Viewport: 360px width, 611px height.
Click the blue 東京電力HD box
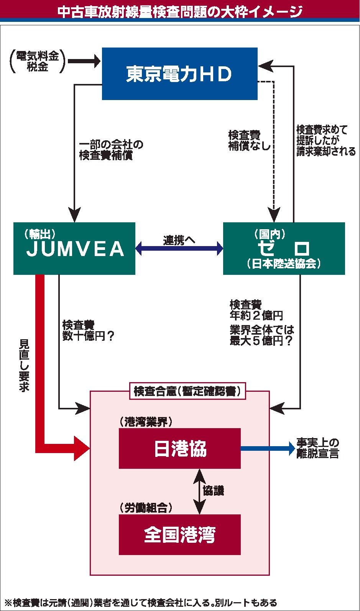pos(180,74)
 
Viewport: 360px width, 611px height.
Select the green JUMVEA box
pos(74,248)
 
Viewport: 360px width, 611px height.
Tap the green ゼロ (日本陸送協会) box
pos(284,248)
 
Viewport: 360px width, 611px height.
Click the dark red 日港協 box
pos(180,448)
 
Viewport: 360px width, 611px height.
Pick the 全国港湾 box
pos(180,535)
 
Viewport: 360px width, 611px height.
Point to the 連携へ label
pos(179,240)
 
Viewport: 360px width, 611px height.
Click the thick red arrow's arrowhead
pos(82,448)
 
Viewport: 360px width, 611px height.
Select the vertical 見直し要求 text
pos(24,366)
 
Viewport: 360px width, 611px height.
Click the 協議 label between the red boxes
pos(213,491)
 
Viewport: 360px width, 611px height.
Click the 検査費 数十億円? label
pos(88,330)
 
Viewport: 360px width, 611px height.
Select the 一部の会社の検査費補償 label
pos(111,150)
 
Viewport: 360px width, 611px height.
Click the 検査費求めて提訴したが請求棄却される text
pos(326,140)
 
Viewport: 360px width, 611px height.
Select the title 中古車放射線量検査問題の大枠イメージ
pos(180,11)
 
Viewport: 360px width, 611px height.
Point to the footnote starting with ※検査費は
pos(141,603)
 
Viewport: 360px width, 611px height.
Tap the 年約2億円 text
pos(256,315)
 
